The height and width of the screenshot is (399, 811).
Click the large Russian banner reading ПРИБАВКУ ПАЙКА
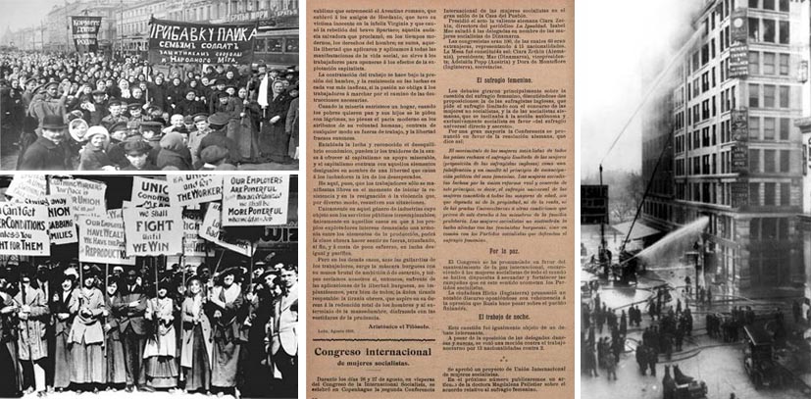tap(200, 40)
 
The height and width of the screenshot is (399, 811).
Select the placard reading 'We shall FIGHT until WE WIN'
tap(152, 229)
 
